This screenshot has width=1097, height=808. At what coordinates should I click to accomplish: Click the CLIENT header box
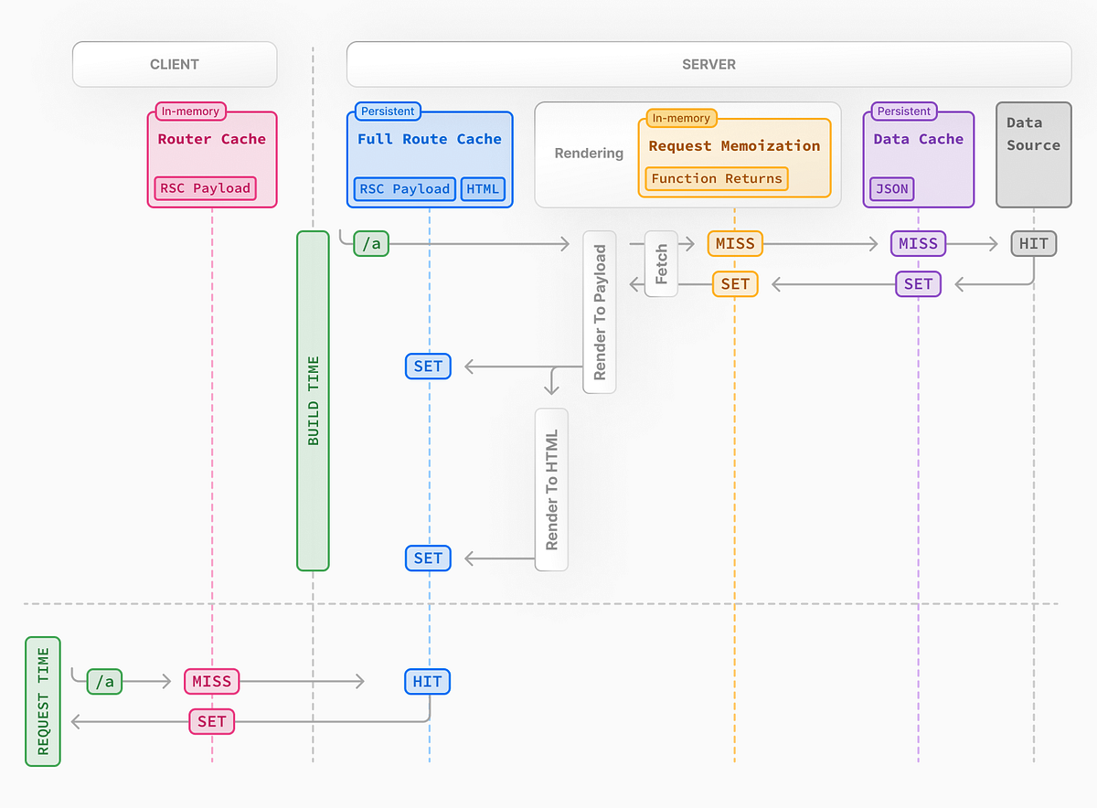pyautogui.click(x=175, y=65)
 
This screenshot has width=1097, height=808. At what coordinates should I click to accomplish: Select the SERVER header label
pyautogui.click(x=708, y=65)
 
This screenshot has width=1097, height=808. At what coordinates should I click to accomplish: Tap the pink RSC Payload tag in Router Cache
pyautogui.click(x=205, y=188)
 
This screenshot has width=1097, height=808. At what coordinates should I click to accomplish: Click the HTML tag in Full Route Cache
pyautogui.click(x=483, y=188)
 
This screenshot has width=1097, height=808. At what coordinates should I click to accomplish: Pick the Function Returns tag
pyautogui.click(x=717, y=179)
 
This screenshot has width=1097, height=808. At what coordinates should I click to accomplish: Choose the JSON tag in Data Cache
pyautogui.click(x=892, y=189)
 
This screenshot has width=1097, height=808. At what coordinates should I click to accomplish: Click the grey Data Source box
pyautogui.click(x=1033, y=154)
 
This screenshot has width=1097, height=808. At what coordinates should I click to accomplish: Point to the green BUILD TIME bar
pyautogui.click(x=313, y=400)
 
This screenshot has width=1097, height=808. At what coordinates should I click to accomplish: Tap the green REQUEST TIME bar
pyautogui.click(x=42, y=701)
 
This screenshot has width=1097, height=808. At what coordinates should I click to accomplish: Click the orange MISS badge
pyautogui.click(x=735, y=243)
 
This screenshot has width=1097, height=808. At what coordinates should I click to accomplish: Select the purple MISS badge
pyautogui.click(x=918, y=243)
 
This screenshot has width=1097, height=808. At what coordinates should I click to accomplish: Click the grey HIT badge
pyautogui.click(x=1034, y=243)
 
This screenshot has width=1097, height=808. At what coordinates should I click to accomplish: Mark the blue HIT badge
pyautogui.click(x=428, y=681)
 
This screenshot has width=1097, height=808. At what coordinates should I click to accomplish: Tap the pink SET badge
pyautogui.click(x=211, y=721)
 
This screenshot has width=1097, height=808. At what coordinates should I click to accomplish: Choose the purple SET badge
pyautogui.click(x=918, y=284)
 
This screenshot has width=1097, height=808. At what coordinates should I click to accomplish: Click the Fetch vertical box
pyautogui.click(x=661, y=263)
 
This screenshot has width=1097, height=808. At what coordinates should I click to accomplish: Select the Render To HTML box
pyautogui.click(x=551, y=489)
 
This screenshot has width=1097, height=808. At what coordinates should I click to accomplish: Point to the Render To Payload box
pyautogui.click(x=600, y=312)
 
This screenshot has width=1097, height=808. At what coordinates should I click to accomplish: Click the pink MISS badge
pyautogui.click(x=211, y=681)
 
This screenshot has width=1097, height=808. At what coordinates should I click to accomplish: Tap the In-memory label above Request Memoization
pyautogui.click(x=681, y=118)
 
